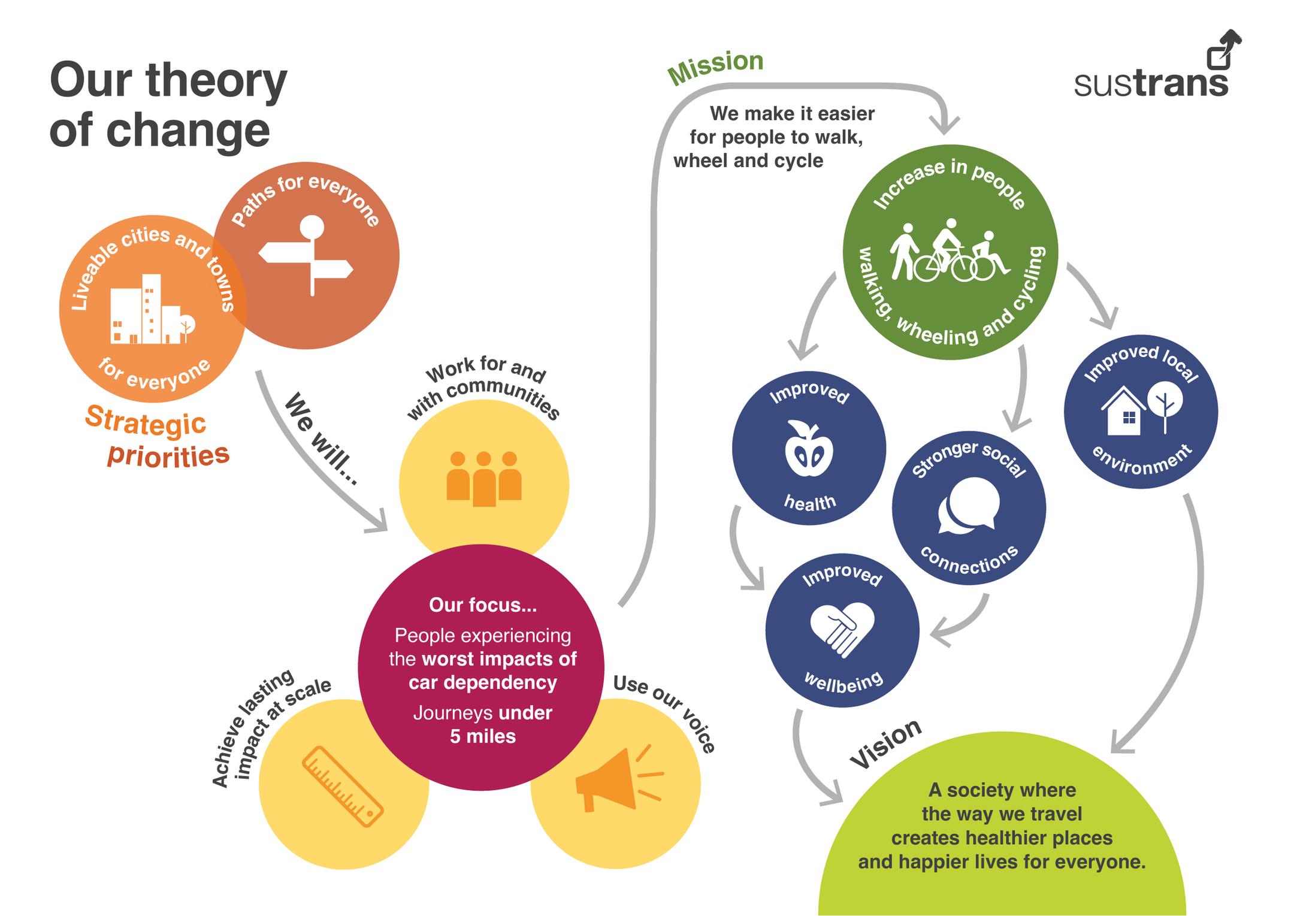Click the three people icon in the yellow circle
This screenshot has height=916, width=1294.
click(x=483, y=479)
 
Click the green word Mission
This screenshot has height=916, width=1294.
click(x=715, y=67)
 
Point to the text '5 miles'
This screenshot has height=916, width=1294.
click(x=482, y=736)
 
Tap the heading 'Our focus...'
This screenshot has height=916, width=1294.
click(x=483, y=605)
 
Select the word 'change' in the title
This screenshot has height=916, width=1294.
click(x=188, y=131)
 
